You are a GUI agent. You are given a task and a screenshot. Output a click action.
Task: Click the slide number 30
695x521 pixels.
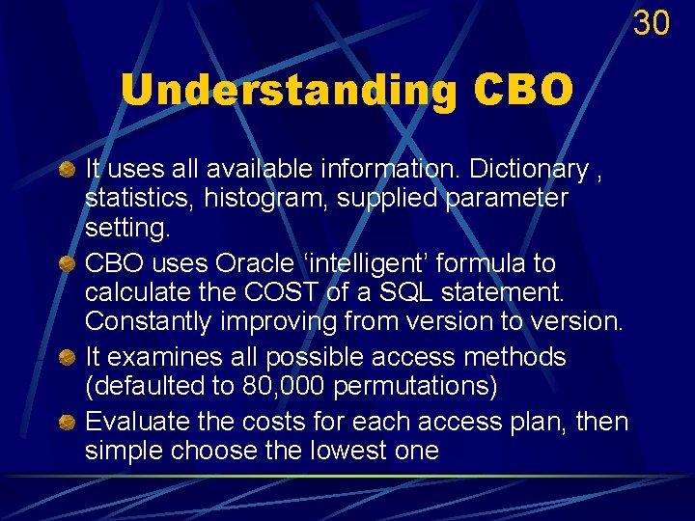[652, 22]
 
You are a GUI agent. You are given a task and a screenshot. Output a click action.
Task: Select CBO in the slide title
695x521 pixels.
[523, 91]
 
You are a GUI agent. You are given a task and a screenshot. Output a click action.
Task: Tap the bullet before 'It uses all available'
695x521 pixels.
[68, 171]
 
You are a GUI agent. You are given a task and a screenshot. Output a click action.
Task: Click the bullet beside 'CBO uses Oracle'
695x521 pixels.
[68, 264]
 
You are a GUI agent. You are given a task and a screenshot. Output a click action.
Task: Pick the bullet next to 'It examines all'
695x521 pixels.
[68, 358]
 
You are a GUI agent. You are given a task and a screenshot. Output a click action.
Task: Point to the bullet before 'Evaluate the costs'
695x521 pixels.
[68, 424]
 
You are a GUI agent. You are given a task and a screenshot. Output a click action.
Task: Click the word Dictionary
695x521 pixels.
[528, 170]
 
